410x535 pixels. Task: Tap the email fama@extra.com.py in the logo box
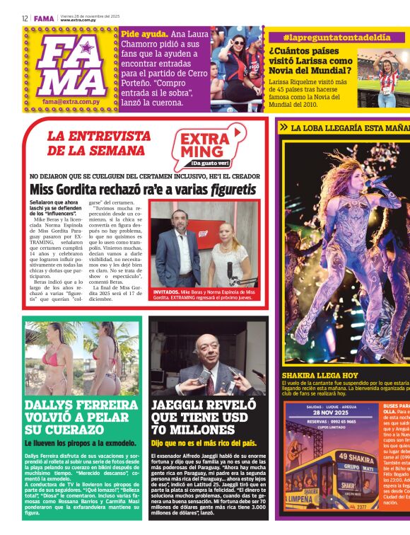click(70, 101)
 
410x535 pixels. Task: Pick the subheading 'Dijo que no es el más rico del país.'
click(204, 443)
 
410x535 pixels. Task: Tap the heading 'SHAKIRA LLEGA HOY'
click(320, 375)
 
